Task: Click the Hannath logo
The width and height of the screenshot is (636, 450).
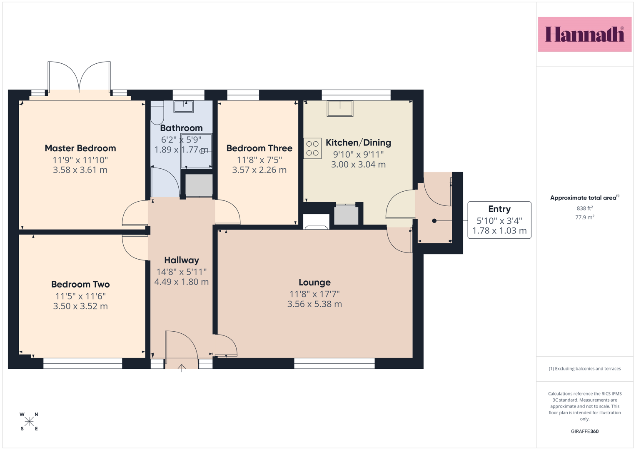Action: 585,34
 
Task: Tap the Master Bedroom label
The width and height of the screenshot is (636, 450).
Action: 80,148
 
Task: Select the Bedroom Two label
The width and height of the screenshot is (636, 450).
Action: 80,284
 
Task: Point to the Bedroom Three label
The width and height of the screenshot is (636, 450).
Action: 259,148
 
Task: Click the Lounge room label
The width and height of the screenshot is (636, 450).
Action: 314,282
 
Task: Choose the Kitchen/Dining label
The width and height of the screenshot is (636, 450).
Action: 358,142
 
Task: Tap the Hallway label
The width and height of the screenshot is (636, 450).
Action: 182,260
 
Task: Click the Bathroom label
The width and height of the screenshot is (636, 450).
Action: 182,128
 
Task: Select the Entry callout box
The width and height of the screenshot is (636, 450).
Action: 499,220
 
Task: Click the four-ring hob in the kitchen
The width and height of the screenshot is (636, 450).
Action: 312,148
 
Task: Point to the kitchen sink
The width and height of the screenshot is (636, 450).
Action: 340,108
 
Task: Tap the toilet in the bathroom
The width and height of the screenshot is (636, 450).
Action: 157,112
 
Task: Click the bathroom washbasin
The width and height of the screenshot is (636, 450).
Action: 184,106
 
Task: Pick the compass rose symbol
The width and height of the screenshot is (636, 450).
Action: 29,422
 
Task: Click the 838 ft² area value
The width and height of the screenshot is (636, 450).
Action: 585,208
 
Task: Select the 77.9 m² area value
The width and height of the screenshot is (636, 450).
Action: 585,217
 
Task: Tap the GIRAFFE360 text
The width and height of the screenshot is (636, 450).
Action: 585,431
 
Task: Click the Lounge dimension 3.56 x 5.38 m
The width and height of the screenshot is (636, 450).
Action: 314,304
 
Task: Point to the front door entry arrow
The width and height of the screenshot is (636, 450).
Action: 182,368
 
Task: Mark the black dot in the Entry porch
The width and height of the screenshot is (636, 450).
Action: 434,221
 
